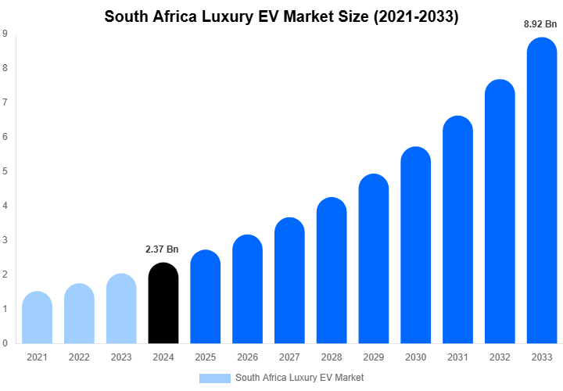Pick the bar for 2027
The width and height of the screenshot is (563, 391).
pos(290,281)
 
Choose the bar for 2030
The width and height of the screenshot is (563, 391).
pos(416,246)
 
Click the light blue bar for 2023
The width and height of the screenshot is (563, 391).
pos(121,309)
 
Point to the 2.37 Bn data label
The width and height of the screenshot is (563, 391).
pos(163,249)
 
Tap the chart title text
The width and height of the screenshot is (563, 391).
pos(281,16)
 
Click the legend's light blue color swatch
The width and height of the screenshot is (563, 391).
pos(214,378)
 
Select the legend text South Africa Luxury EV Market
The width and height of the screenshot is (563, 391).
pos(299,378)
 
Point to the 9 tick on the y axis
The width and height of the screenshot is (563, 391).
pos(5,34)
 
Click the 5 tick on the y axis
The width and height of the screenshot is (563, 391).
pos(5,171)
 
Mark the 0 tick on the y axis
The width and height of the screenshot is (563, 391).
pos(5,343)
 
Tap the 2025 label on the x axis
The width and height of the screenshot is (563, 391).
pos(206,357)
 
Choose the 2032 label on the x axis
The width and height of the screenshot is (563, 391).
pos(500,357)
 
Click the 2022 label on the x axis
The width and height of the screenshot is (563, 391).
pos(79,357)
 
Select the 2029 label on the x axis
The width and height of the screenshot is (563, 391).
pos(374,357)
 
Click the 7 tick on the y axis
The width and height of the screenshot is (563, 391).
pos(5,102)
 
